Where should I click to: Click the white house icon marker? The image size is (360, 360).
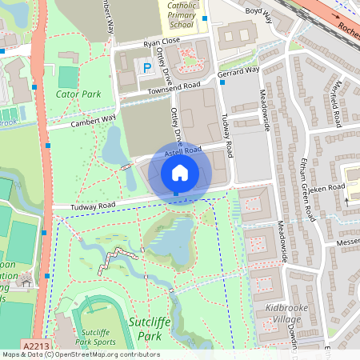click(x=180, y=172)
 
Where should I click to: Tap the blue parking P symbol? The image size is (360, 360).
click(x=146, y=70)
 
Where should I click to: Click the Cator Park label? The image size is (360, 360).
click(x=78, y=94)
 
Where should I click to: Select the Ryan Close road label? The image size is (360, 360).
click(x=162, y=40)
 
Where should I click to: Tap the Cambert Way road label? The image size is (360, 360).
click(x=94, y=121)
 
